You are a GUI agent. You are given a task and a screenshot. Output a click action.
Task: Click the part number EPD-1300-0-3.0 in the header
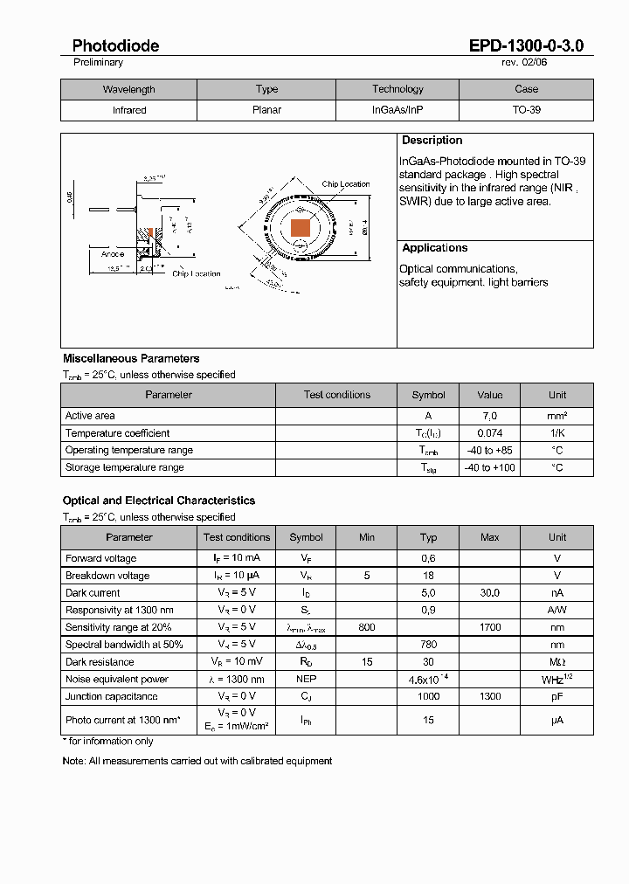pyautogui.click(x=526, y=45)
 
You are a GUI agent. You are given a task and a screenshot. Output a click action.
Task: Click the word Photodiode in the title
pyautogui.click(x=115, y=45)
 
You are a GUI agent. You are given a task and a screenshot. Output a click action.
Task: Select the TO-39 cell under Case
pyautogui.click(x=526, y=110)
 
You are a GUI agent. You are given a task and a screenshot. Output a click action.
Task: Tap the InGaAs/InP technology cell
pyautogui.click(x=397, y=110)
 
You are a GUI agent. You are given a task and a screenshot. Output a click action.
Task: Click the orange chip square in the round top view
pyautogui.click(x=301, y=228)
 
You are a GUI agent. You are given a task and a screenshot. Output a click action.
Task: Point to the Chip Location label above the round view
pyautogui.click(x=346, y=184)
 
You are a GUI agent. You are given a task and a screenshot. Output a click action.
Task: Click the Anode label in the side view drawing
pyautogui.click(x=113, y=254)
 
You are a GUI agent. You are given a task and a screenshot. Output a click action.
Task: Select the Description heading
pyautogui.click(x=432, y=141)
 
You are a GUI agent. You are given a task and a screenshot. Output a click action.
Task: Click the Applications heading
pyautogui.click(x=434, y=248)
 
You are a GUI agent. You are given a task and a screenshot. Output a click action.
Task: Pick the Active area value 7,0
pyautogui.click(x=489, y=416)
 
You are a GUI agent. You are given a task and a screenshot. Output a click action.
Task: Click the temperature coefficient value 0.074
pyautogui.click(x=489, y=433)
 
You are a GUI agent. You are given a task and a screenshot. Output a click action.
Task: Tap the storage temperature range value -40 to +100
pyautogui.click(x=489, y=467)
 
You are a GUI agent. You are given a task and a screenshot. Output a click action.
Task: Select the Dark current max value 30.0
pyautogui.click(x=489, y=593)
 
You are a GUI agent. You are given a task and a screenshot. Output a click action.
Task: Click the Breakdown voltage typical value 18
pyautogui.click(x=428, y=576)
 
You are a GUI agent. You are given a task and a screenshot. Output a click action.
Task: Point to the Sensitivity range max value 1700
pyautogui.click(x=489, y=627)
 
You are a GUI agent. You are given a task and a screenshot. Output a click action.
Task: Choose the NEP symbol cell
pyautogui.click(x=306, y=680)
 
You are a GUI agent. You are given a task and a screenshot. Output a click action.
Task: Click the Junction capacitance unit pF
pyautogui.click(x=557, y=696)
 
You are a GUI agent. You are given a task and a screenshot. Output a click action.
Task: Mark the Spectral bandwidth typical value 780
pyautogui.click(x=428, y=645)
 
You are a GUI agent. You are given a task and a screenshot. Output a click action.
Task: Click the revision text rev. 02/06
pyautogui.click(x=524, y=63)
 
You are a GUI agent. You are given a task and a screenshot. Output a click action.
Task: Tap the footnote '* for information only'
pyautogui.click(x=107, y=742)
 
